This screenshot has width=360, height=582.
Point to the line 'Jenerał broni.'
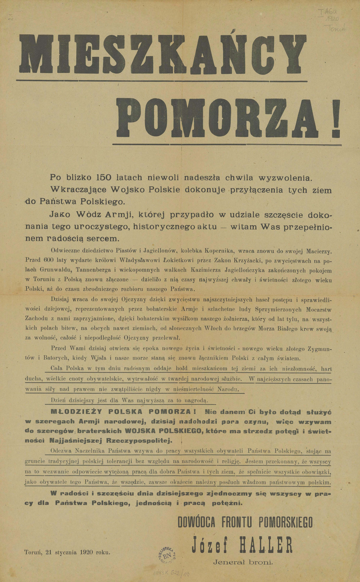coord(243,563)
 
